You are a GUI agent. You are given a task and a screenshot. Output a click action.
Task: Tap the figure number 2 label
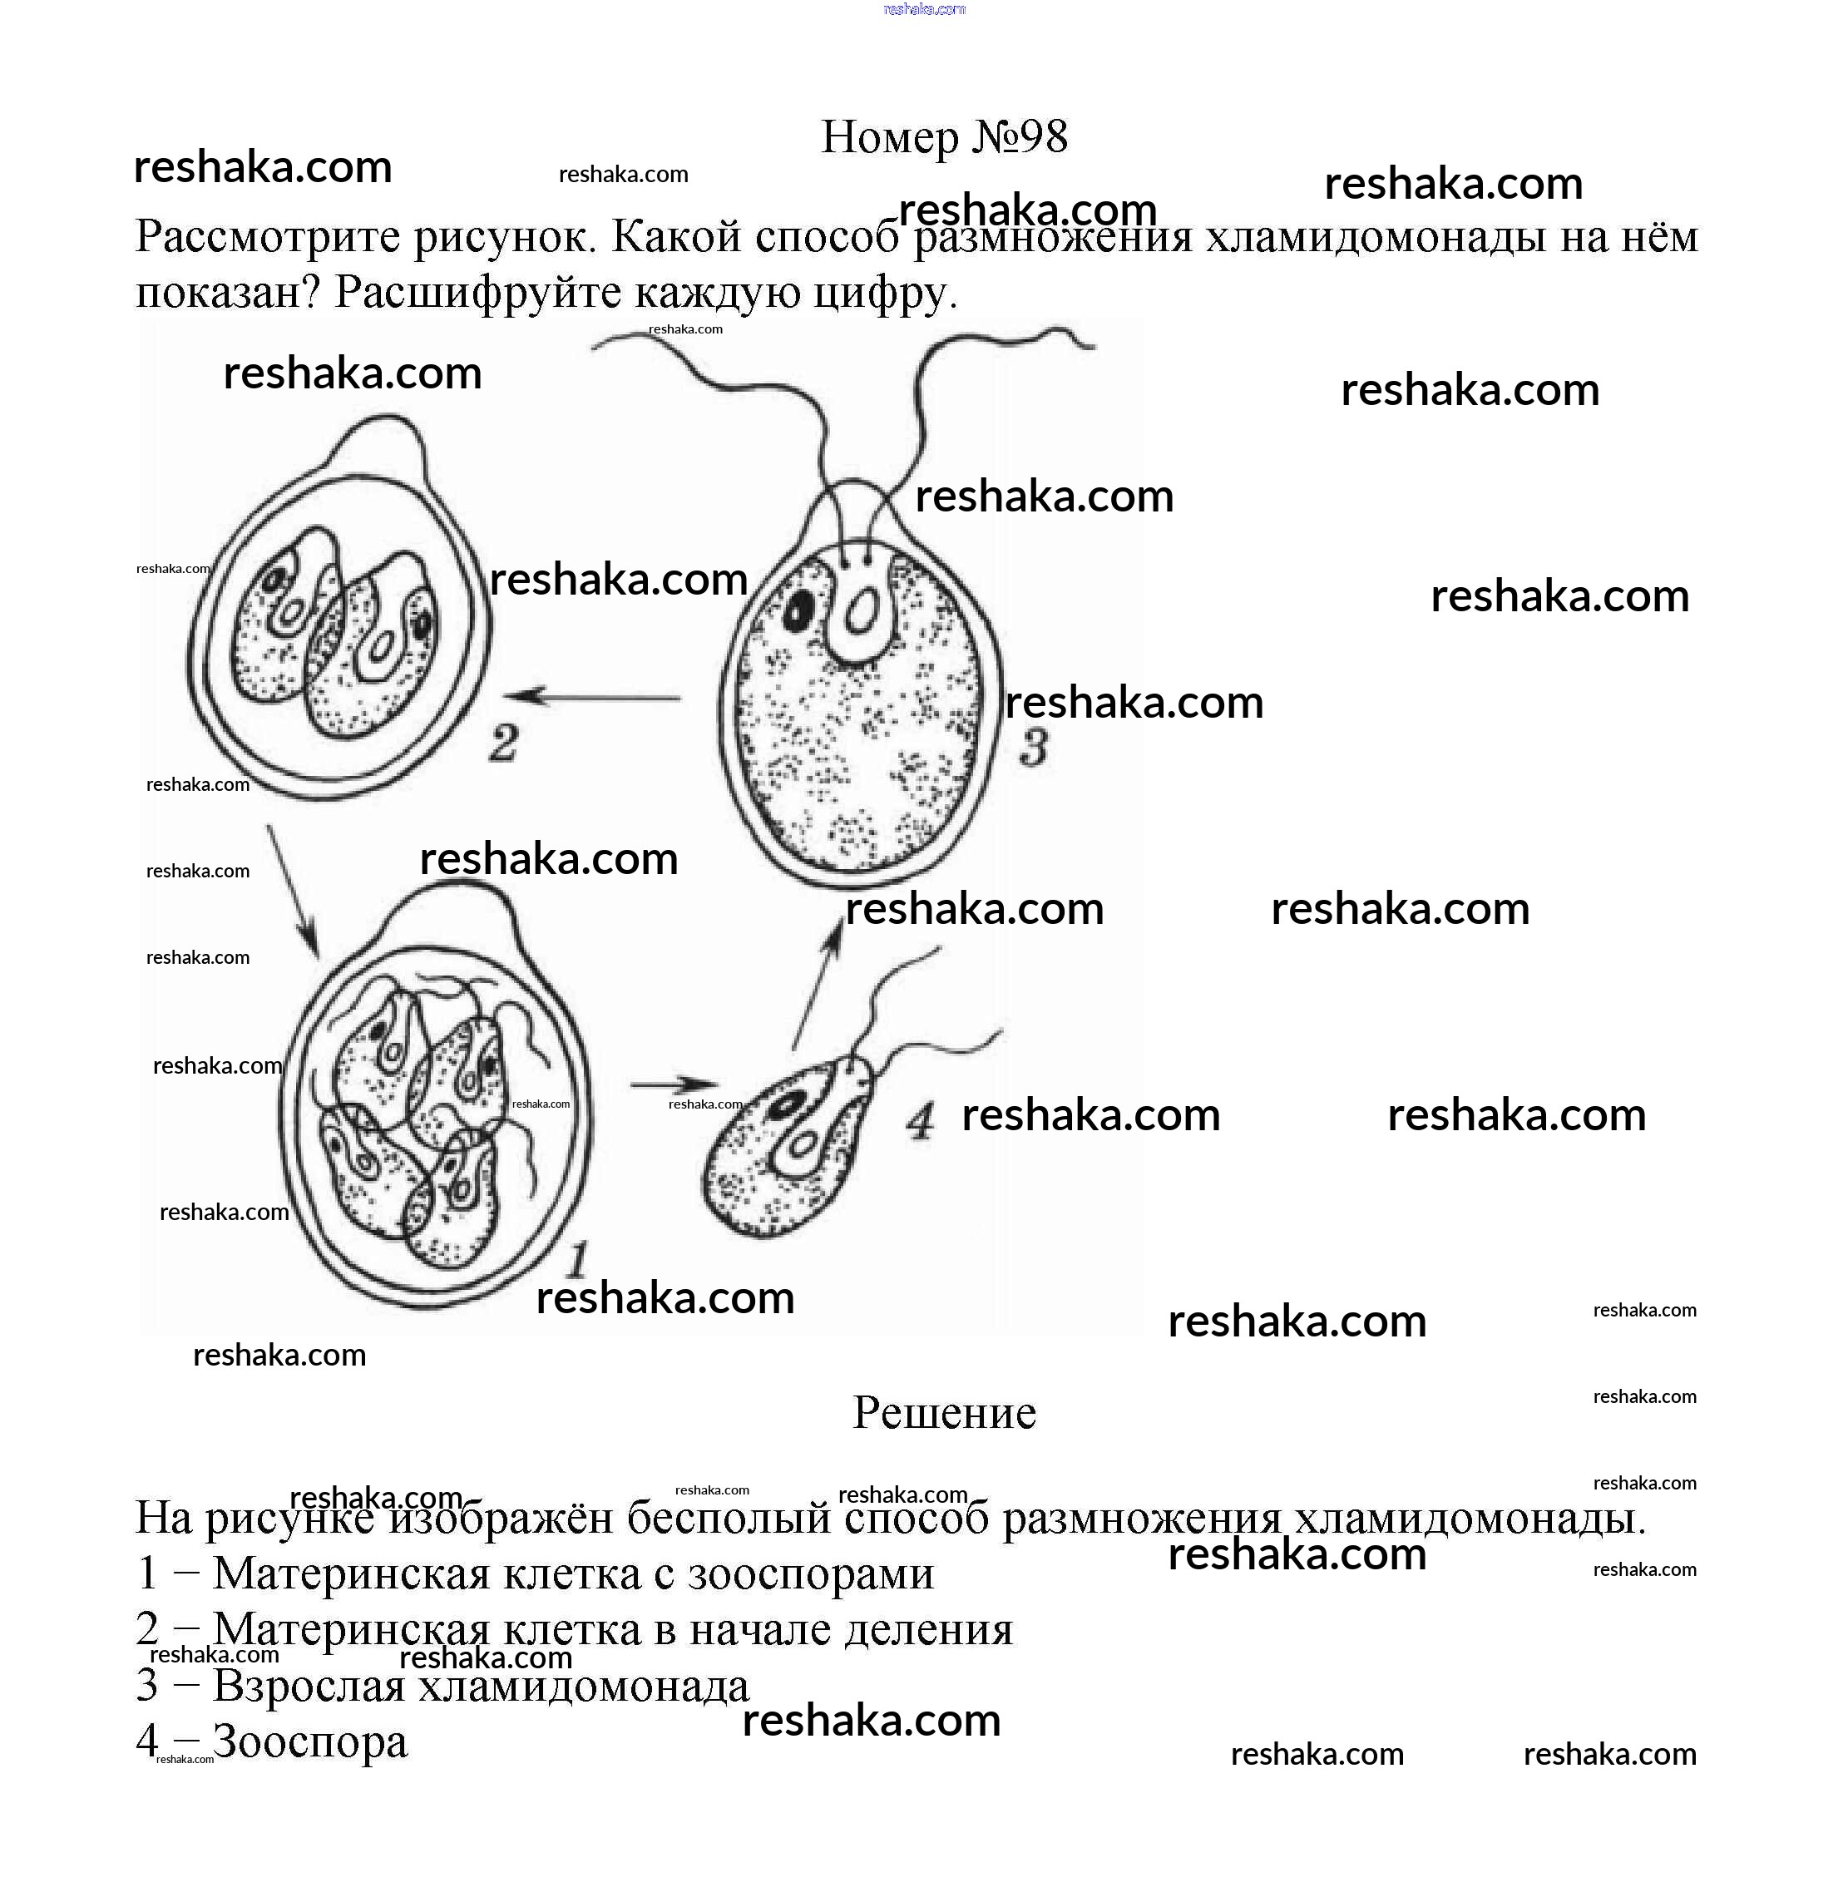pos(503,744)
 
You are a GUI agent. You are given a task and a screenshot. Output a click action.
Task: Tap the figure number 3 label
pos(1034,748)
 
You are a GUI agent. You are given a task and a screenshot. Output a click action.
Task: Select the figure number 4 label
pos(920,1121)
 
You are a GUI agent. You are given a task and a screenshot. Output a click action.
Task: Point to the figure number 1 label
pos(576,1260)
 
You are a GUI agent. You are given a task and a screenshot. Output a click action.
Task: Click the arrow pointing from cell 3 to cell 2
pos(592,696)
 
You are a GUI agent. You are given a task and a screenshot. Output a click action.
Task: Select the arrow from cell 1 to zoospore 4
pos(674,1084)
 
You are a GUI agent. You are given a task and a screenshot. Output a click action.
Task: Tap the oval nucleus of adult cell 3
pos(860,614)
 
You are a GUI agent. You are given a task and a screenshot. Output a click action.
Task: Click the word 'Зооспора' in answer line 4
pos(309,1740)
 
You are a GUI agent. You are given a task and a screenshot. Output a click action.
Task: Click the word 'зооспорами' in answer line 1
pos(810,1573)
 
